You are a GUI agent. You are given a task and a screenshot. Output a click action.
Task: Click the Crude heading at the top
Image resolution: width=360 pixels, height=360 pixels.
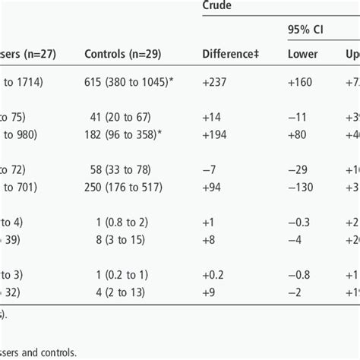point(218,5)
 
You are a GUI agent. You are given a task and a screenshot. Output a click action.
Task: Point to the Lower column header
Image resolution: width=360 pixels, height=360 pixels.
point(302,54)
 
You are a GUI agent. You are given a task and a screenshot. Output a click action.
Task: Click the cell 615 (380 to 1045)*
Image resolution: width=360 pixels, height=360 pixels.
point(135,81)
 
